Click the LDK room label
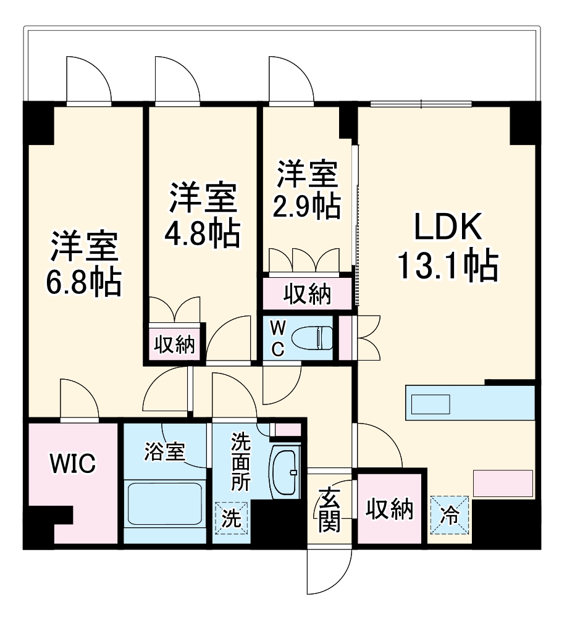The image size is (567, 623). [x=447, y=229]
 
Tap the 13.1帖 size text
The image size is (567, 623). [x=447, y=266]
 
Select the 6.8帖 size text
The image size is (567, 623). [x=83, y=283]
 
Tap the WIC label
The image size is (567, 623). [x=72, y=462]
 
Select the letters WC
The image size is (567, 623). [x=278, y=337]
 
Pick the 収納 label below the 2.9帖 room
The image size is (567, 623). [x=307, y=295]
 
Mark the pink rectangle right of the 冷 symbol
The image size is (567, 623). [x=503, y=483]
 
